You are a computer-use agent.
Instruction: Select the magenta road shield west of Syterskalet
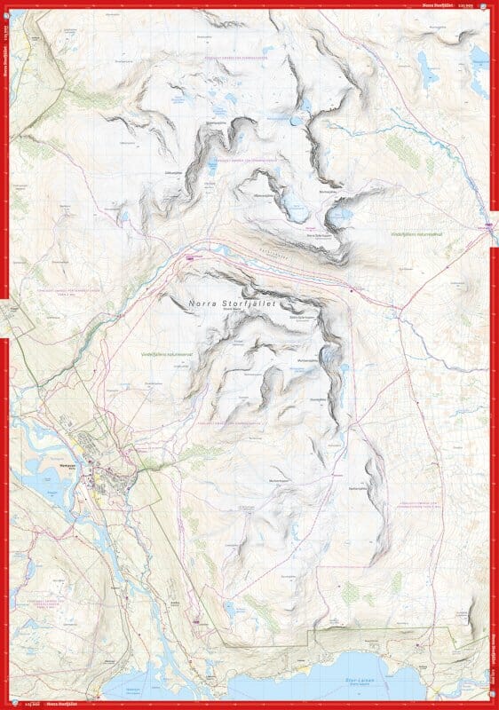coord(188,256)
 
